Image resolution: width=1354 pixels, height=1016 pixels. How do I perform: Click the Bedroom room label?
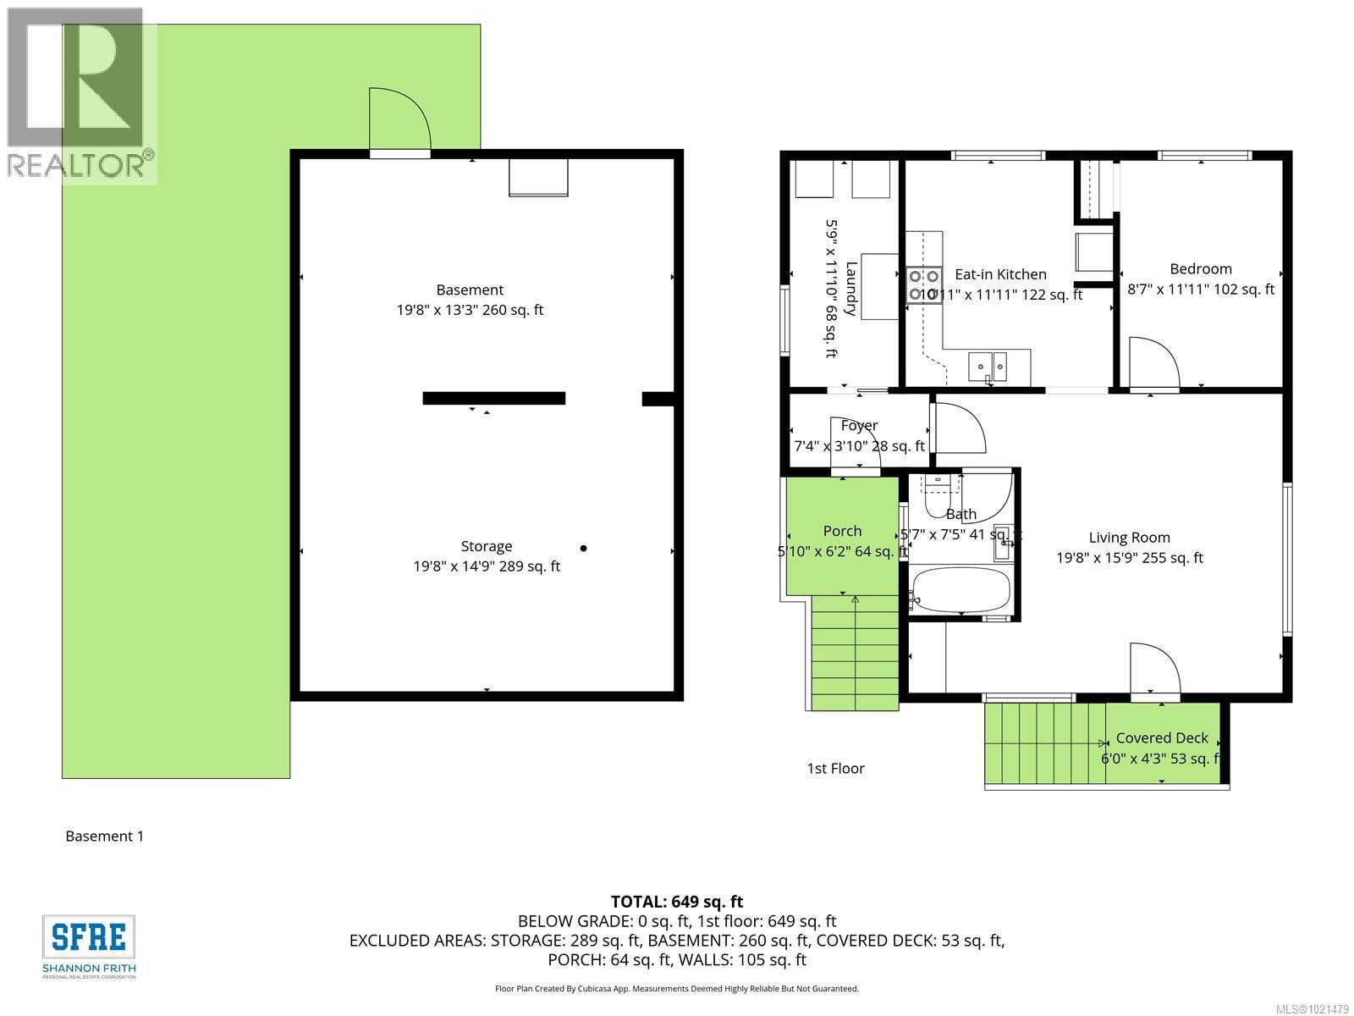tap(1200, 269)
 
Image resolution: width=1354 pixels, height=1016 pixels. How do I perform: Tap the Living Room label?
tap(1129, 538)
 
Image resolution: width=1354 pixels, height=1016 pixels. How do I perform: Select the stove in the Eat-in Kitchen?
tap(924, 284)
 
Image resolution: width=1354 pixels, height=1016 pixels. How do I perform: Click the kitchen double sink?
tap(988, 366)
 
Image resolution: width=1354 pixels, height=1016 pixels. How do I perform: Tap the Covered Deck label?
tap(1161, 738)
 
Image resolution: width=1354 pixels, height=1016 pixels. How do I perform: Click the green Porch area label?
tap(842, 531)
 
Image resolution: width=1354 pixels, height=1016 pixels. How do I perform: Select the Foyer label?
tap(859, 426)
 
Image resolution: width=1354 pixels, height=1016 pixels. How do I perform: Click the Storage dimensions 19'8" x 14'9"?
tap(487, 567)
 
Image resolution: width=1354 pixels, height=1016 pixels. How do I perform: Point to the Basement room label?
tap(470, 290)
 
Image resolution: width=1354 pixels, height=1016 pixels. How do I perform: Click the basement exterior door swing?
tap(400, 121)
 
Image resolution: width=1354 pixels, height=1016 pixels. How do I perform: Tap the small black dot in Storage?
tap(583, 549)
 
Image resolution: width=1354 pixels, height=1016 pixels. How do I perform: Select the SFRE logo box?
tap(89, 937)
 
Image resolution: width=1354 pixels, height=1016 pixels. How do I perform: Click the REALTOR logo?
tap(80, 95)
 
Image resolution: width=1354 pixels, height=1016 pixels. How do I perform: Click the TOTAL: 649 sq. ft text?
tap(676, 902)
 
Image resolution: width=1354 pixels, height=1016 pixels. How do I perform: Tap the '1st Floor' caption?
tap(835, 769)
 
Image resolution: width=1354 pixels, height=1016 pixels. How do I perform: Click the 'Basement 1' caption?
tap(105, 837)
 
